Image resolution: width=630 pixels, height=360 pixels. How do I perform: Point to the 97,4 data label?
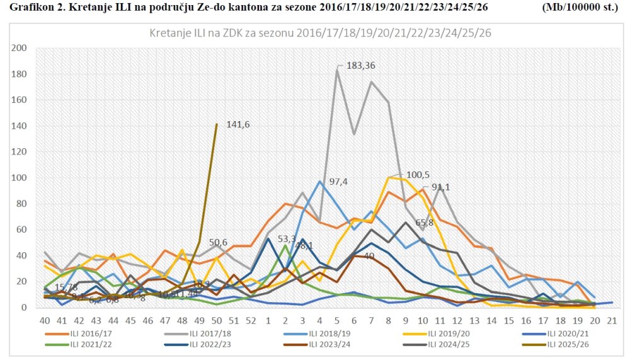coord(338,182)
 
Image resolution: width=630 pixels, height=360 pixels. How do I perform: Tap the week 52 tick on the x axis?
coord(251,320)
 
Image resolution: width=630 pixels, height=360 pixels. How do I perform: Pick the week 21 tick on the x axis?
coord(611,320)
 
